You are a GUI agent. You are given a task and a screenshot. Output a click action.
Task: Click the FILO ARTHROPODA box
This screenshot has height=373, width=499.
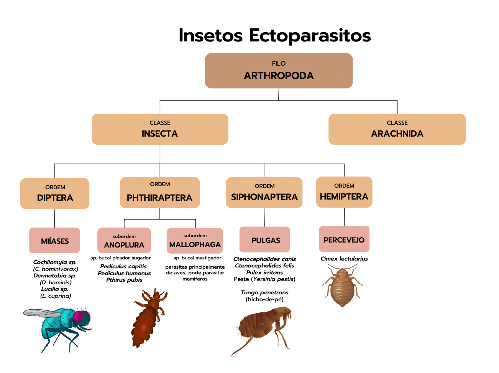pyautogui.click(x=279, y=71)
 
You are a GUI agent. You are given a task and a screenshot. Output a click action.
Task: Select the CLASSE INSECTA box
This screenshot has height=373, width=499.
pyautogui.click(x=160, y=129)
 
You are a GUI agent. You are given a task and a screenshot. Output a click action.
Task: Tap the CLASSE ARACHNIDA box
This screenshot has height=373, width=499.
pyautogui.click(x=397, y=129)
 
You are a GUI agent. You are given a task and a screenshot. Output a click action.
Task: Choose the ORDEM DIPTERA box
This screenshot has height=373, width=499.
pyautogui.click(x=54, y=193)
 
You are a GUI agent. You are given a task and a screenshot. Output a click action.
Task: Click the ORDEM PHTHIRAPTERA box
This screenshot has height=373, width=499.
pyautogui.click(x=160, y=192)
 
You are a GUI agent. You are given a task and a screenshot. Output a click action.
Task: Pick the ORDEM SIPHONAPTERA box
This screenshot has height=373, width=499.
pyautogui.click(x=264, y=192)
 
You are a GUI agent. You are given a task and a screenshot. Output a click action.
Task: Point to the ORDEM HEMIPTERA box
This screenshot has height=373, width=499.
pyautogui.click(x=344, y=192)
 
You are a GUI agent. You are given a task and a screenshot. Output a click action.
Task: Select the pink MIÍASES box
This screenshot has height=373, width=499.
pyautogui.click(x=54, y=240)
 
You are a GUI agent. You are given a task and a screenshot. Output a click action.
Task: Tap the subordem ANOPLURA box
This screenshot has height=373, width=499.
pyautogui.click(x=124, y=240)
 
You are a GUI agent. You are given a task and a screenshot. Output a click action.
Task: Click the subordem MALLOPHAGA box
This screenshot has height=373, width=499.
pyautogui.click(x=195, y=241)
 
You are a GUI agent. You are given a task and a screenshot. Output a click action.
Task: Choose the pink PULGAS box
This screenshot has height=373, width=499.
pyautogui.click(x=264, y=239)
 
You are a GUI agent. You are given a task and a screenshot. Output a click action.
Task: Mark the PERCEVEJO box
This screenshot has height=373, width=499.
pyautogui.click(x=344, y=239)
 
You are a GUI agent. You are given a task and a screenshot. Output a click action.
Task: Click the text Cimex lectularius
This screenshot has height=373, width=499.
pyautogui.click(x=344, y=259)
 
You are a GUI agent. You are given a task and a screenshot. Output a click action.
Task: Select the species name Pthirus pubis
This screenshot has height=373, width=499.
pyautogui.click(x=124, y=280)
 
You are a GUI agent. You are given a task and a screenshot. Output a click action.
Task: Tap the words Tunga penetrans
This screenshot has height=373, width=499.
pyautogui.click(x=264, y=292)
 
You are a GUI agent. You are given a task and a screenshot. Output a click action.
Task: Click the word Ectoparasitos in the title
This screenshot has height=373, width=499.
pyautogui.click(x=310, y=36)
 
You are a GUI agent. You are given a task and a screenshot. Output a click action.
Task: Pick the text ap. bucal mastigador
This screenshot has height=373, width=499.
pyautogui.click(x=197, y=258)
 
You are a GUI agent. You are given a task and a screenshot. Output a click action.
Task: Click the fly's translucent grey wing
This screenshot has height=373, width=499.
pyautogui.click(x=42, y=313)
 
